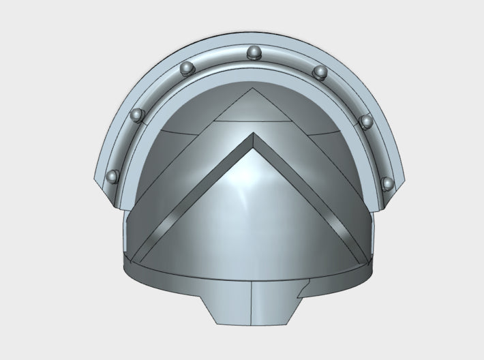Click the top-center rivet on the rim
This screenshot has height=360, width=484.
(x=254, y=51)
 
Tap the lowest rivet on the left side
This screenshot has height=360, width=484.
(x=113, y=177)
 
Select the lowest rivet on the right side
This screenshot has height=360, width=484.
(x=388, y=183)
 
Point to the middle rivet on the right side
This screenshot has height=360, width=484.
(x=366, y=121)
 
